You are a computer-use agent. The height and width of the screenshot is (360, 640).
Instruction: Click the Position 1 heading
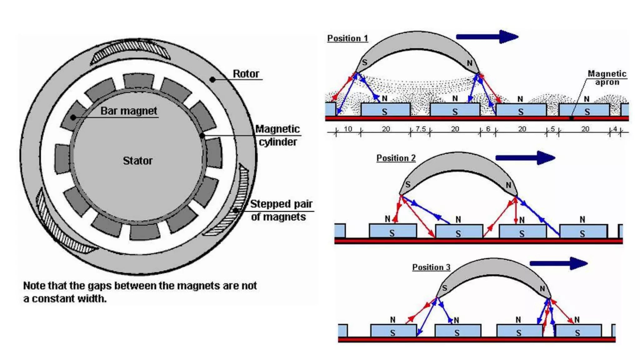347,38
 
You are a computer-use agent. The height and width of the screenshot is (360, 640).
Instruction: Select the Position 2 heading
396,158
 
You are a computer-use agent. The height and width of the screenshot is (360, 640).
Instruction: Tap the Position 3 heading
431,267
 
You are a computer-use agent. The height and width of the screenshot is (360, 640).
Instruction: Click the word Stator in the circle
137,161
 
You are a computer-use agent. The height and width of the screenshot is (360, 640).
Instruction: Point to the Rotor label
246,74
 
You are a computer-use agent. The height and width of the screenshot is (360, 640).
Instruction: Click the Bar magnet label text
129,111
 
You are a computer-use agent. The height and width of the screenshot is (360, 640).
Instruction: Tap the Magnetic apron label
607,78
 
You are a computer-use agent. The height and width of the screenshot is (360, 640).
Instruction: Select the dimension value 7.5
420,129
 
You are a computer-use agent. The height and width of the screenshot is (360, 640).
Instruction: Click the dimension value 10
348,129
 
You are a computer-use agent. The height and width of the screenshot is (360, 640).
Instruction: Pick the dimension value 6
488,129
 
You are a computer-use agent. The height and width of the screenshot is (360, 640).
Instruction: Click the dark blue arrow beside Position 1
487,37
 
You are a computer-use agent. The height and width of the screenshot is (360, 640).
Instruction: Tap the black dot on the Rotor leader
212,80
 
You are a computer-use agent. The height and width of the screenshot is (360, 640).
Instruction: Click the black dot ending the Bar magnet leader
73,117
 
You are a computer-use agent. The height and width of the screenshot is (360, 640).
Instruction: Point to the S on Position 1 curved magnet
364,62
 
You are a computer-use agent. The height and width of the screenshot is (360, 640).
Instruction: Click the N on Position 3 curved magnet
542,288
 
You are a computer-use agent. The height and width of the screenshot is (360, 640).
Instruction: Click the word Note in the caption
34,286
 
